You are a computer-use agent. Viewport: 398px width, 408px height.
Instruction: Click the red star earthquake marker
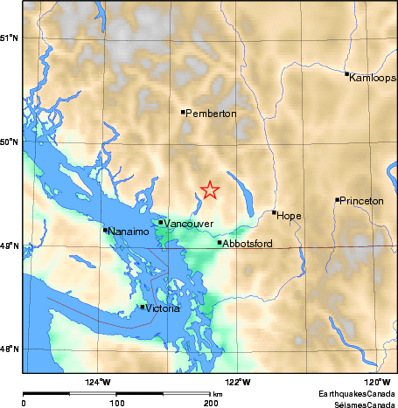point(210,190)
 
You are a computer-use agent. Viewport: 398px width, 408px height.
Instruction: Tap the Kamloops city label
point(373,78)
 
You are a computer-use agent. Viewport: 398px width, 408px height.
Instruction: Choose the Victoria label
point(164,308)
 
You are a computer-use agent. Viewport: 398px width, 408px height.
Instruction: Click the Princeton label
point(362,202)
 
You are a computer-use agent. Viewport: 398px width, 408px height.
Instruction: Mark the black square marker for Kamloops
point(347,74)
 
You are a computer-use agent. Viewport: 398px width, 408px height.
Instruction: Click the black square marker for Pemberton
point(183,112)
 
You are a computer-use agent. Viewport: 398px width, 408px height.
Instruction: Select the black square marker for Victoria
point(143,307)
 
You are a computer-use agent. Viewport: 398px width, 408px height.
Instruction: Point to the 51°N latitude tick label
point(9,38)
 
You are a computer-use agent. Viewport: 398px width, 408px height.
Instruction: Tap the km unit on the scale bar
point(217,396)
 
